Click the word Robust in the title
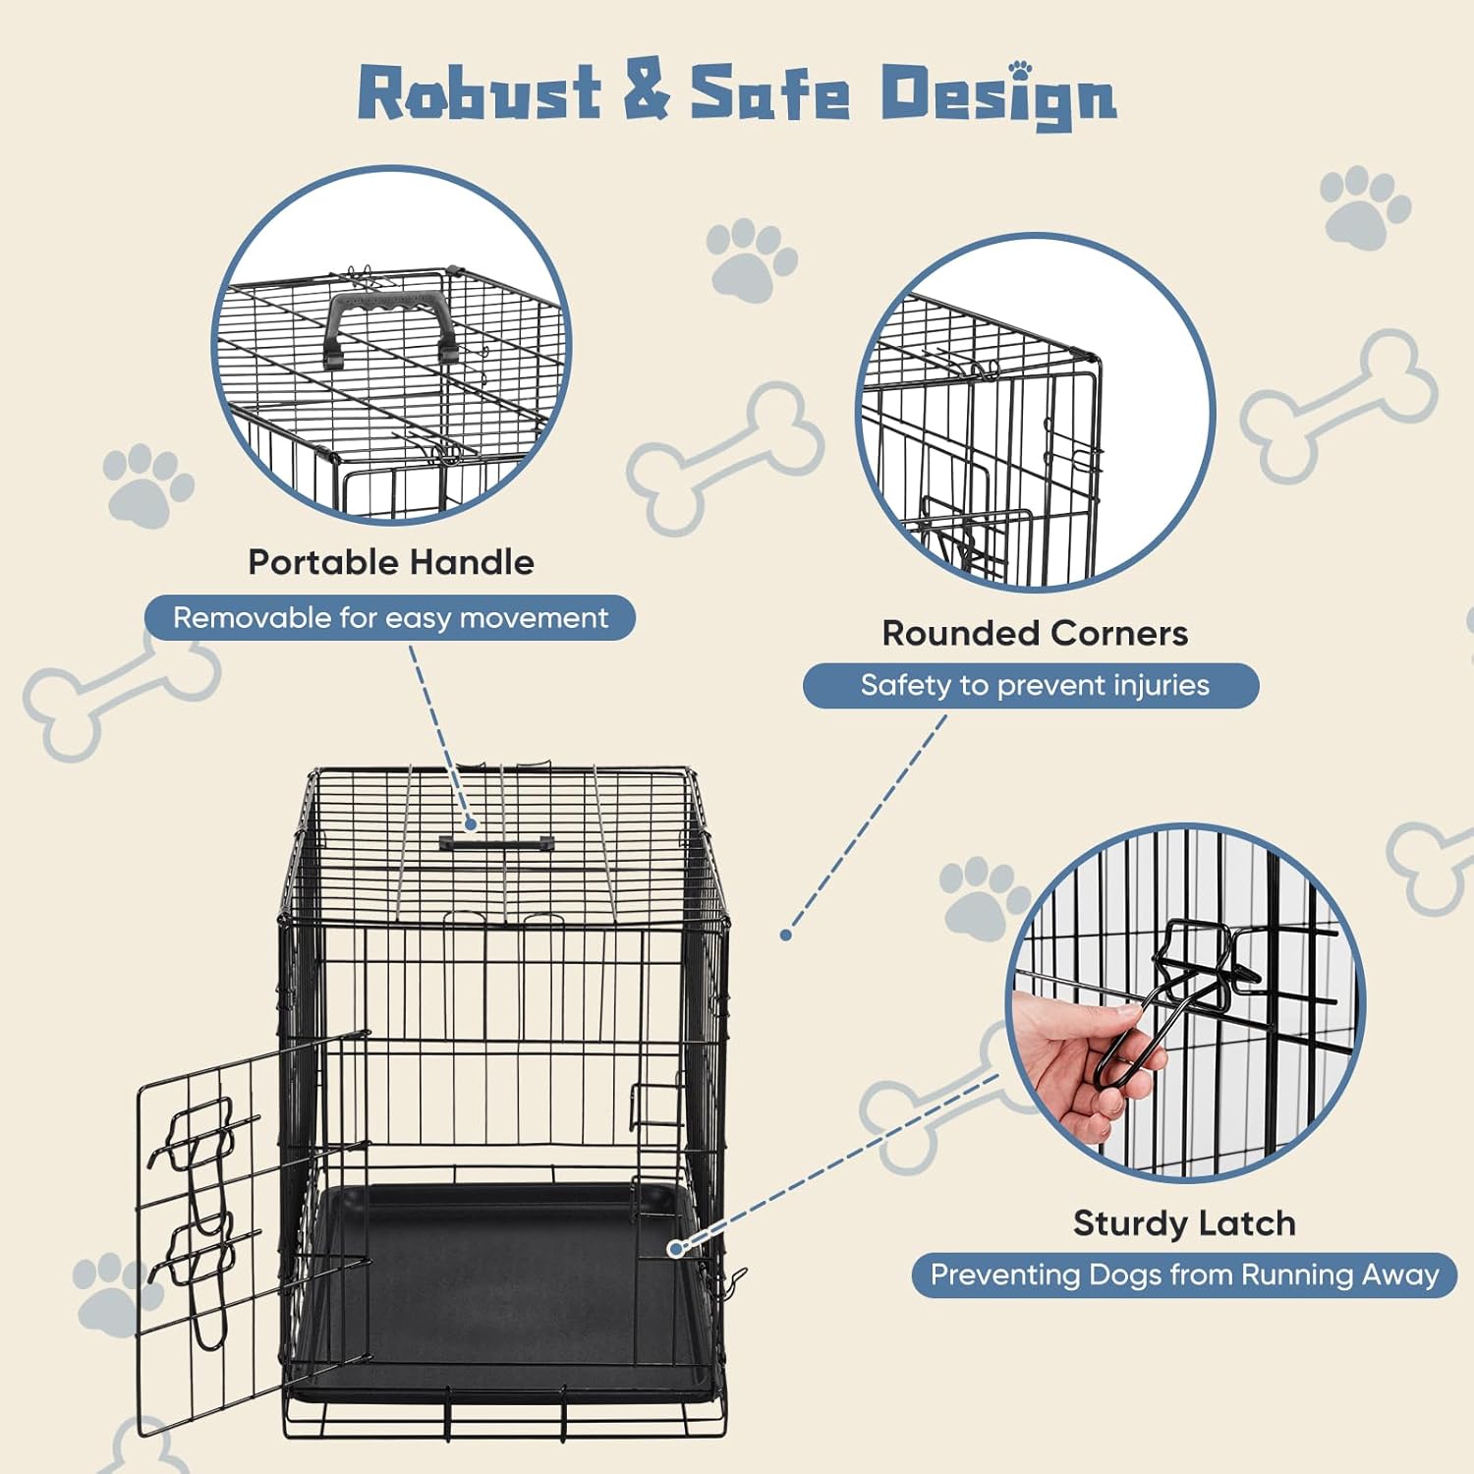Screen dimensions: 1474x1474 click(x=479, y=93)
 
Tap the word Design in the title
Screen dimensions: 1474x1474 click(x=997, y=95)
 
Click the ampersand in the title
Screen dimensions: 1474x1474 click(x=646, y=91)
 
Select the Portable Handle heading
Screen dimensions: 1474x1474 click(x=391, y=562)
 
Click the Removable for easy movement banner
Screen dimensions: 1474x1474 click(x=390, y=618)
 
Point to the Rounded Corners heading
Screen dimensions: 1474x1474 click(x=1035, y=634)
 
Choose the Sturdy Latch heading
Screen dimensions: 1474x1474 click(x=1184, y=1223)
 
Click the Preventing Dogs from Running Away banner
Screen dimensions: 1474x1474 click(x=1184, y=1276)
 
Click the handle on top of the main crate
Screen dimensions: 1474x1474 click(x=496, y=843)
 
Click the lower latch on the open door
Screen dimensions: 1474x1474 click(x=201, y=1268)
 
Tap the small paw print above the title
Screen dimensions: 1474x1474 click(x=1021, y=70)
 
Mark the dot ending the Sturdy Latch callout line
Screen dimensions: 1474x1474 click(x=675, y=1248)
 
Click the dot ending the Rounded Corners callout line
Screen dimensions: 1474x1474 click(x=786, y=935)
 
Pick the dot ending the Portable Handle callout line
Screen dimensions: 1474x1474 click(x=472, y=824)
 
